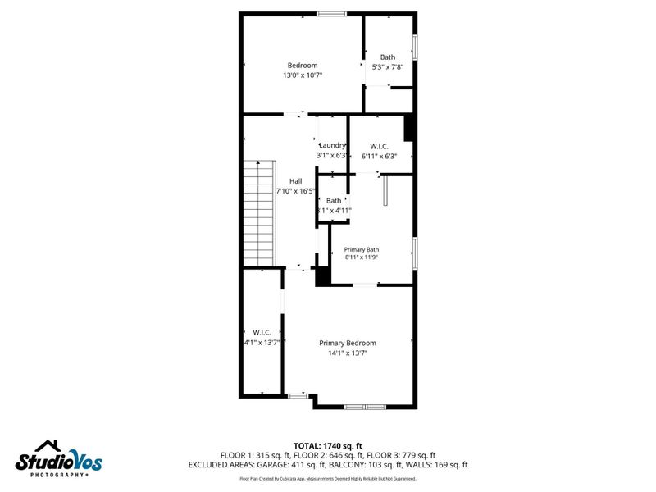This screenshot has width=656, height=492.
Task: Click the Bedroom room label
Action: click(302, 66)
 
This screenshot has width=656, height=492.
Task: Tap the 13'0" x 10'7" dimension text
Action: click(302, 75)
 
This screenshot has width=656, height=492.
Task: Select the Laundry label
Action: click(332, 145)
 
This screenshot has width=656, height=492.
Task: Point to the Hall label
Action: click(295, 181)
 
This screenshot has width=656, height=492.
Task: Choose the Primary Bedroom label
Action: click(348, 343)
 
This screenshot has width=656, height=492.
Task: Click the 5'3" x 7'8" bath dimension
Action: click(388, 67)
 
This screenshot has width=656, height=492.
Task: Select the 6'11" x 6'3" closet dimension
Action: click(379, 156)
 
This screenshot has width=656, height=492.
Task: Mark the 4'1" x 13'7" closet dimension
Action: click(262, 343)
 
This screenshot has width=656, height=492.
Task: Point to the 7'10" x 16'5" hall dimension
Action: click(296, 191)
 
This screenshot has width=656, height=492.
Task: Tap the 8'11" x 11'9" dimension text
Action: click(361, 257)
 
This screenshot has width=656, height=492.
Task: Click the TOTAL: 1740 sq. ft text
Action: click(328, 445)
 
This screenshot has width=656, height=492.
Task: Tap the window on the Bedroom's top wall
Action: click(331, 13)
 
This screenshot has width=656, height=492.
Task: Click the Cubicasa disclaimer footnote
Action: click(328, 478)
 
